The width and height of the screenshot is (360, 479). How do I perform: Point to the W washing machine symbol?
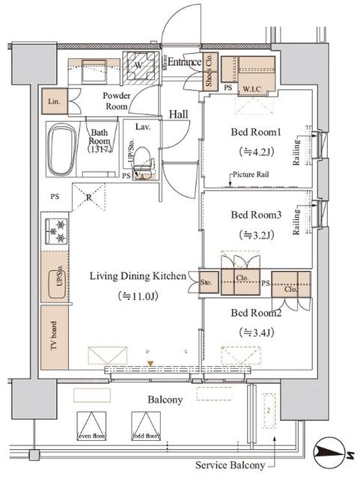(x=139, y=65)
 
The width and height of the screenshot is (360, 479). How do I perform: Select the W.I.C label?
(x=250, y=89)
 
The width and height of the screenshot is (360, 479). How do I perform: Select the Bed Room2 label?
(x=255, y=312)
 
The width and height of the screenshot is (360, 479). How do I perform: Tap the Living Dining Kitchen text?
(x=138, y=276)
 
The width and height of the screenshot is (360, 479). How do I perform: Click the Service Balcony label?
(x=230, y=466)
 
